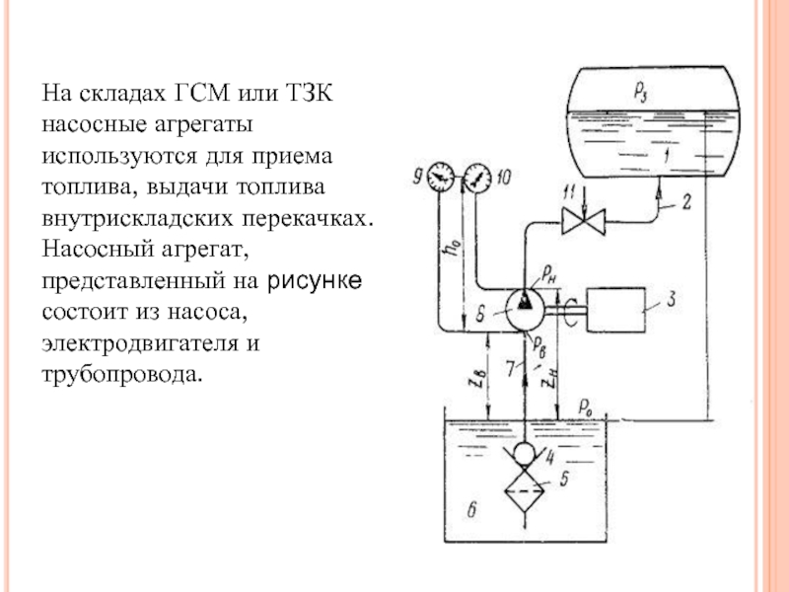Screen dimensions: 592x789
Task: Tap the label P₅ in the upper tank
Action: [642, 91]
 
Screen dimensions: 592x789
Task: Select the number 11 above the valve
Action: [567, 188]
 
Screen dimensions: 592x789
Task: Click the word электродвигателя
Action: [141, 344]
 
